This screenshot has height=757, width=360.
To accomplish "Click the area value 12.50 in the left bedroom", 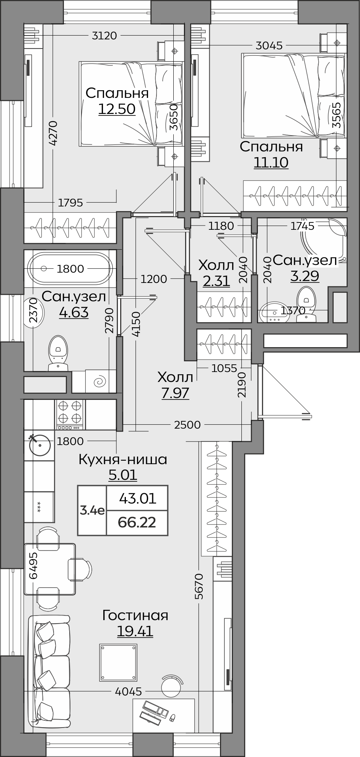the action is tap(117, 109).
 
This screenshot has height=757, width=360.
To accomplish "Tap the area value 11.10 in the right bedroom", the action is tap(271, 163).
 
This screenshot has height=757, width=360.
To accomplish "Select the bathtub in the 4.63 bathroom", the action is tap(70, 268).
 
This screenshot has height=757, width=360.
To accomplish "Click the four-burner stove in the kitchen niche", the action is tap(70, 414).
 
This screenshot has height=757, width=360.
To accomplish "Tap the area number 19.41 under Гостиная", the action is tap(135, 631).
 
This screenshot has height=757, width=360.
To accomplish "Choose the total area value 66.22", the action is tap(137, 522).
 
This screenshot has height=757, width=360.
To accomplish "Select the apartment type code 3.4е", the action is tap(92, 510).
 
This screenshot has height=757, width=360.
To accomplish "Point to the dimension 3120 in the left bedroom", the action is tap(104, 36).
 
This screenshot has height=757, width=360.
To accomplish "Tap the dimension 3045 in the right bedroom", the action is tap(269, 46).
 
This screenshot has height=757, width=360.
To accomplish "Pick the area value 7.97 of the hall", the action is tap(175, 393).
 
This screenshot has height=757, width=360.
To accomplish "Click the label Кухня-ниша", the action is tap(123, 459).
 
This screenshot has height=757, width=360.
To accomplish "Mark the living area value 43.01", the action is tap(138, 499).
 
